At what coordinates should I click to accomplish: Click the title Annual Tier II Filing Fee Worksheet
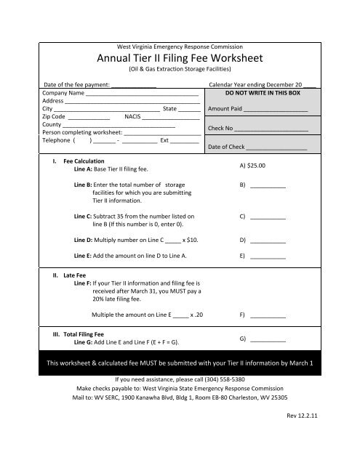[x=180, y=58]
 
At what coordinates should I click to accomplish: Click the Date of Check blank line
[x=276, y=147]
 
